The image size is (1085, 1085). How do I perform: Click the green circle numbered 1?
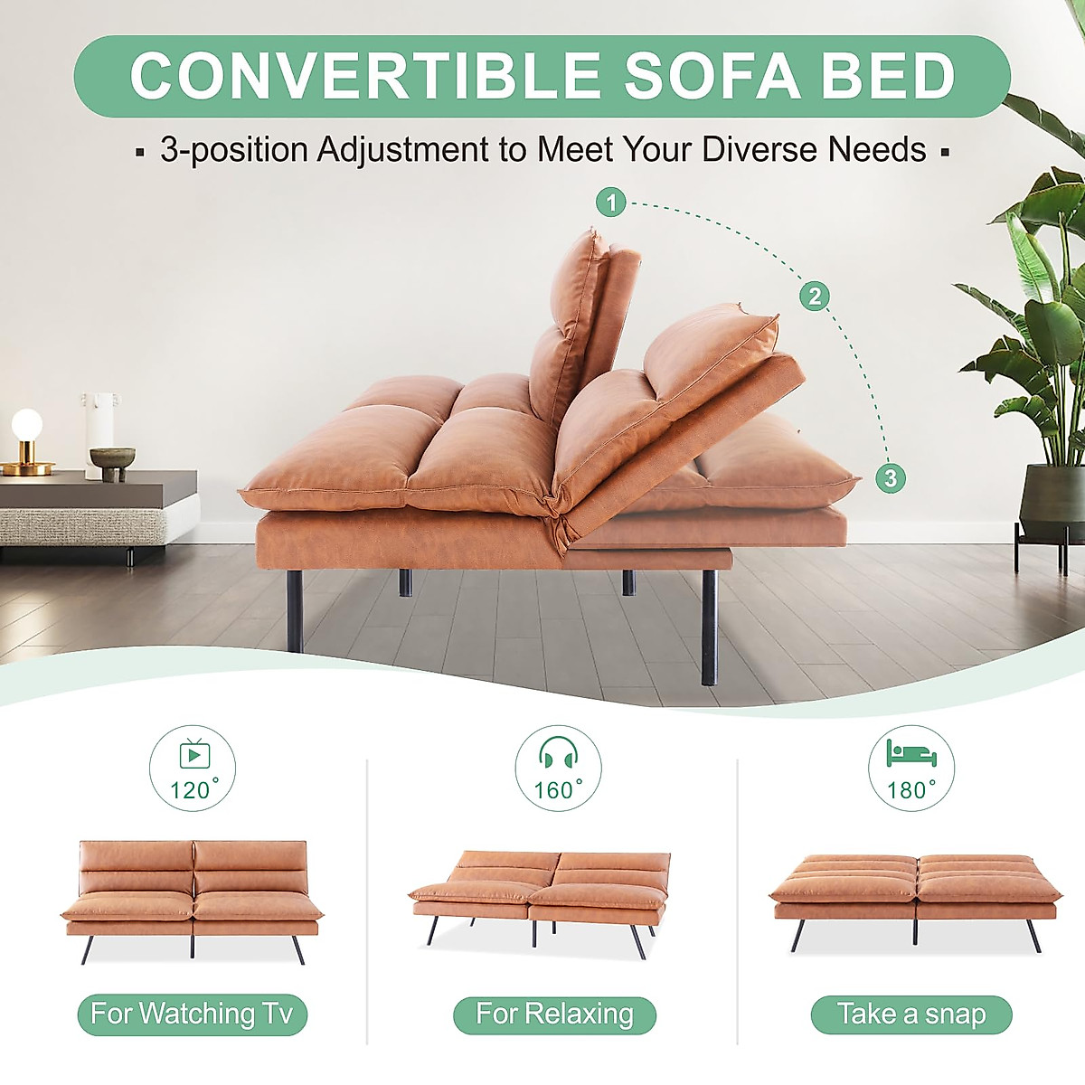click(x=611, y=203)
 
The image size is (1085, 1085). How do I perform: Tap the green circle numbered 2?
click(x=815, y=296)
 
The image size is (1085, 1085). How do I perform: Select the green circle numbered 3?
click(x=891, y=477)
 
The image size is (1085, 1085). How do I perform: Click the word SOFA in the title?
click(x=712, y=76)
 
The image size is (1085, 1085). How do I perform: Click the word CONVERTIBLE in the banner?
click(x=365, y=76)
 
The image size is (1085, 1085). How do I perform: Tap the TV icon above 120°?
click(x=193, y=754)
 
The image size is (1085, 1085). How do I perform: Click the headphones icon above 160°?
click(x=558, y=754)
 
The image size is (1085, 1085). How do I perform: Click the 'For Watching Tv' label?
click(x=192, y=1014)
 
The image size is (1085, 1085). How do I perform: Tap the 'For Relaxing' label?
click(x=554, y=1014)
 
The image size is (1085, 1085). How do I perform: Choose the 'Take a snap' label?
click(x=910, y=1014)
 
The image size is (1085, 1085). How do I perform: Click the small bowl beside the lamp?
click(x=112, y=458)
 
